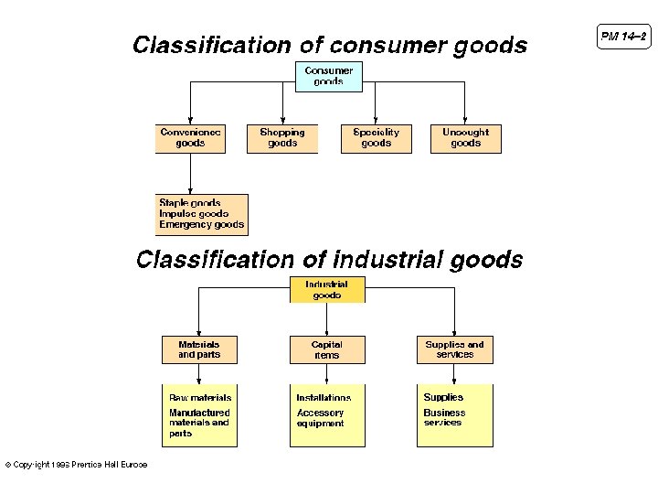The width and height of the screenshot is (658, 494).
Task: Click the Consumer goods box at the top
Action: (x=328, y=76)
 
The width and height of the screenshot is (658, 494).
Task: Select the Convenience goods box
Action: (x=190, y=138)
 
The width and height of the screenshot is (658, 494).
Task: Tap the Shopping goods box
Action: (x=282, y=138)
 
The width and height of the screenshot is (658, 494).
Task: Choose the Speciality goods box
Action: (x=376, y=138)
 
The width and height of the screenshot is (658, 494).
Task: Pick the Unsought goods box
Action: (x=465, y=138)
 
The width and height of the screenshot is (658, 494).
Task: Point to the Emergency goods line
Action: (x=202, y=225)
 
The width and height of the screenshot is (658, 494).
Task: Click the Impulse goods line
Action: (x=194, y=214)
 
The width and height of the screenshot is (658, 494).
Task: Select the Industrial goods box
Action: (x=327, y=290)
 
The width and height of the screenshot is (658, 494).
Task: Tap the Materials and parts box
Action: (x=199, y=349)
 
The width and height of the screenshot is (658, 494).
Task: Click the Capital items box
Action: (x=326, y=349)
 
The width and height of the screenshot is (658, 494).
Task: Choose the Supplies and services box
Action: (x=454, y=349)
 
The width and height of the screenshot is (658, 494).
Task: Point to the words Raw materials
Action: (x=200, y=398)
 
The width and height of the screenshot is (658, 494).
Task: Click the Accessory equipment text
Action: (x=320, y=418)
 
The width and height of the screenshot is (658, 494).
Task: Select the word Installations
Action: (x=324, y=398)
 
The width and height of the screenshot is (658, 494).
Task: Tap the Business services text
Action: (x=444, y=418)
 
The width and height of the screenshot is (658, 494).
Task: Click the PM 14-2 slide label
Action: (x=623, y=37)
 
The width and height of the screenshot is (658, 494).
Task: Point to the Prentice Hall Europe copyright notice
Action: (x=77, y=465)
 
